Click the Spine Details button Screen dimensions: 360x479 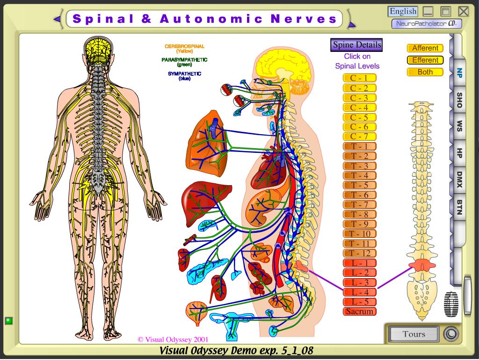coord(357,45)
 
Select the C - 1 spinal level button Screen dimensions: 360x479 coord(359,78)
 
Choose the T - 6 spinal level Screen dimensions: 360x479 coord(359,195)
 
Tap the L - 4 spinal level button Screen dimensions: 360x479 coord(359,292)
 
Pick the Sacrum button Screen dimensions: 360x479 coord(359,311)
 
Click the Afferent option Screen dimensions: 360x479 coord(425,48)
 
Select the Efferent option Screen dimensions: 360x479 coord(425,60)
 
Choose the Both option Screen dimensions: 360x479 coord(425,72)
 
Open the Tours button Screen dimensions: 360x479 coord(414,334)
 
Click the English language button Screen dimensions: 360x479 coord(403,11)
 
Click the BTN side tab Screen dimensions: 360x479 coord(459,207)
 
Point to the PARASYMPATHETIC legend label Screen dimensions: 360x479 coord(184,60)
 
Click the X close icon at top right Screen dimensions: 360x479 coord(463,11)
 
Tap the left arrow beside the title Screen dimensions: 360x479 coord(57,19)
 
